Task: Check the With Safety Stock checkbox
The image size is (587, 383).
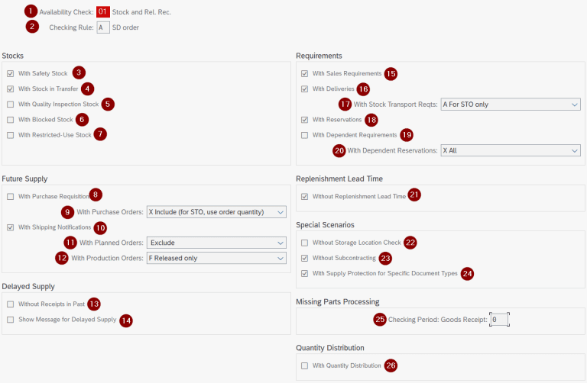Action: click(x=10, y=73)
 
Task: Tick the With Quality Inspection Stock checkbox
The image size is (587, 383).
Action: click(x=10, y=104)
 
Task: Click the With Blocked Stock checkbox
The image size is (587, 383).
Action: click(x=10, y=120)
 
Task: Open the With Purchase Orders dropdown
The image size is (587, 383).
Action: click(x=216, y=211)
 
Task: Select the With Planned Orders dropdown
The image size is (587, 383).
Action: click(x=216, y=243)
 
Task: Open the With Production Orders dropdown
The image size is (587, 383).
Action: click(x=216, y=258)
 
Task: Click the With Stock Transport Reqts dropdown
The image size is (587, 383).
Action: click(x=511, y=105)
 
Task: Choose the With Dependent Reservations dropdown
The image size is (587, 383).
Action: click(x=511, y=150)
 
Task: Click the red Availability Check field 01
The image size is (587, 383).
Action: click(x=103, y=12)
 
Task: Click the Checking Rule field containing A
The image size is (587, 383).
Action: click(x=103, y=27)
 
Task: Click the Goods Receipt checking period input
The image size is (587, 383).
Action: click(x=499, y=319)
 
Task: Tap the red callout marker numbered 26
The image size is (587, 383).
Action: click(x=391, y=365)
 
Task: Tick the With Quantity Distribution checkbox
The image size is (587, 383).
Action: click(x=305, y=365)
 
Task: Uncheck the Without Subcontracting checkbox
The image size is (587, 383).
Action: click(x=305, y=258)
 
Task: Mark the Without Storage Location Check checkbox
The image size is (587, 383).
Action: click(x=305, y=243)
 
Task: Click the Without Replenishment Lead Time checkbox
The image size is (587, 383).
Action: click(x=305, y=196)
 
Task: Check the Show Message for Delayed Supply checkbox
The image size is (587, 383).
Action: click(x=10, y=320)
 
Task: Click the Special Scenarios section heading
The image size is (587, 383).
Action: click(x=326, y=225)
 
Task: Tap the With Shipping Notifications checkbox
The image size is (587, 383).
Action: click(x=10, y=227)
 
